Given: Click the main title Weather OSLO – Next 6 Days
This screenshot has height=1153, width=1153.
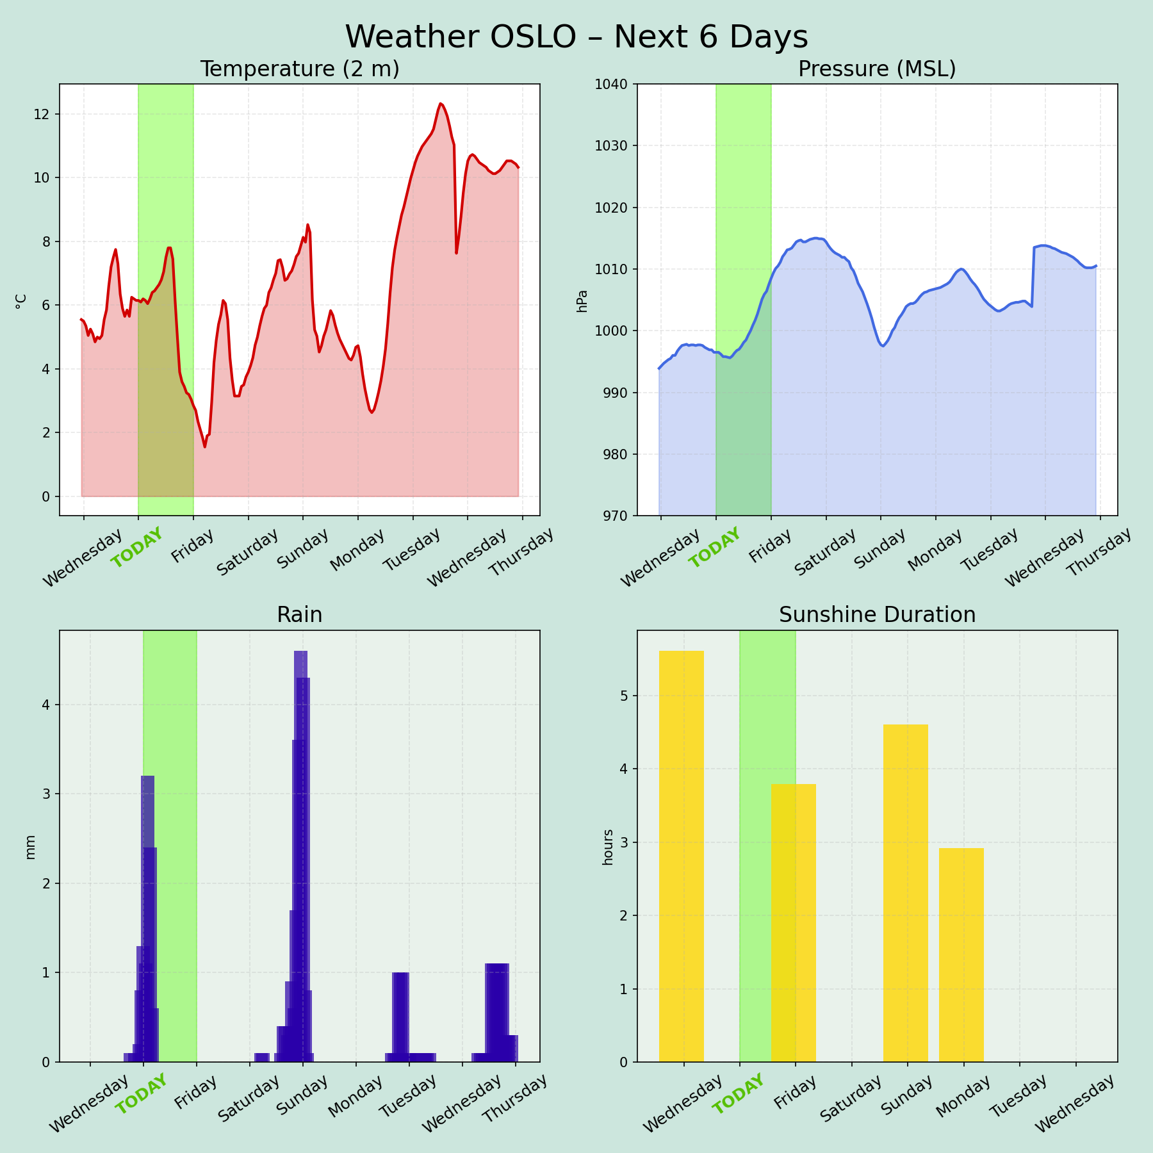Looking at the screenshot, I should coord(576,37).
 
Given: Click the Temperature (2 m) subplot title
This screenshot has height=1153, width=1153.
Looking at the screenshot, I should coord(300,69).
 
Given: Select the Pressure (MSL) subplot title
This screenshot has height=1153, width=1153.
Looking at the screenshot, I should coord(877,69).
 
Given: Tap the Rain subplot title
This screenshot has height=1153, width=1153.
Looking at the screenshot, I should coord(300,615).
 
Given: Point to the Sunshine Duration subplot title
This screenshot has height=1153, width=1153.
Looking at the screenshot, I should coord(877,615).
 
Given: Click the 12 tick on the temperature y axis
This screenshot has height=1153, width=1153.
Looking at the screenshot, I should coord(42,115).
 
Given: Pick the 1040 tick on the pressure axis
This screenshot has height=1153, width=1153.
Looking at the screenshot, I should coord(614,84).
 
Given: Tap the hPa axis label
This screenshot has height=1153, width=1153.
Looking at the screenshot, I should coord(582,301).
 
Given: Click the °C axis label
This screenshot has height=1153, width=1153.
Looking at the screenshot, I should coord(21,301).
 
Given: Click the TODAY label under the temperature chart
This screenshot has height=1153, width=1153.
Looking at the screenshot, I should coord(136,548).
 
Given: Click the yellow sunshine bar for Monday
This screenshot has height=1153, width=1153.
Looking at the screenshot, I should coord(961,954).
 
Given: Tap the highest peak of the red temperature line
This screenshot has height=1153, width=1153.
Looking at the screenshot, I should coord(441,104).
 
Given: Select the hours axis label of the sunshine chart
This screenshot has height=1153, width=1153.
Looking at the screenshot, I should coord(609,847).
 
